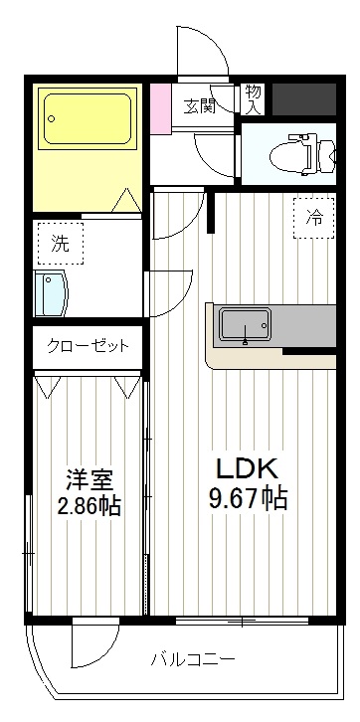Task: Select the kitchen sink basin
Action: [245, 323]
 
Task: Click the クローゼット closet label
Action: [88, 347]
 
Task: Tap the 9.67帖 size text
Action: [248, 498]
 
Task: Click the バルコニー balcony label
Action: [193, 659]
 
